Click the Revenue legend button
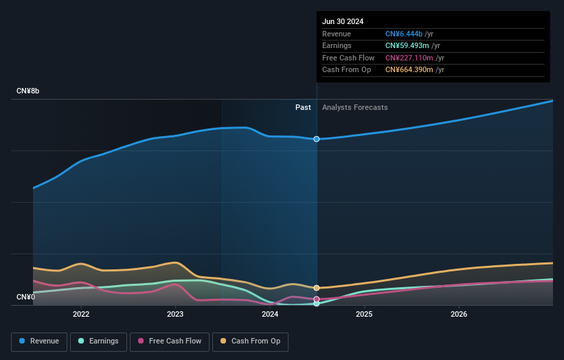click(39, 341)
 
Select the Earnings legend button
click(98, 341)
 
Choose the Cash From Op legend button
click(250, 341)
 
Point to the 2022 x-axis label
click(81, 314)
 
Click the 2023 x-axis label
click(175, 314)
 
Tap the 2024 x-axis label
click(270, 314)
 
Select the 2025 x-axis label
click(364, 314)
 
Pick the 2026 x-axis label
click(459, 314)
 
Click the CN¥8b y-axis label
click(28, 91)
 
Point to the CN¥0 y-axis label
click(27, 297)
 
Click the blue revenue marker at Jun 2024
click(317, 139)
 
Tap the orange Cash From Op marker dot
click(317, 288)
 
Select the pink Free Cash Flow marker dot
click(317, 299)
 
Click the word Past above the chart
click(303, 107)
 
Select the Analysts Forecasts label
click(354, 107)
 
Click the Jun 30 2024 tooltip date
click(343, 21)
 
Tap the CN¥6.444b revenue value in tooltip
click(404, 34)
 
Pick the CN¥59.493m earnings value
click(409, 46)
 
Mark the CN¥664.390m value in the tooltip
click(410, 69)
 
